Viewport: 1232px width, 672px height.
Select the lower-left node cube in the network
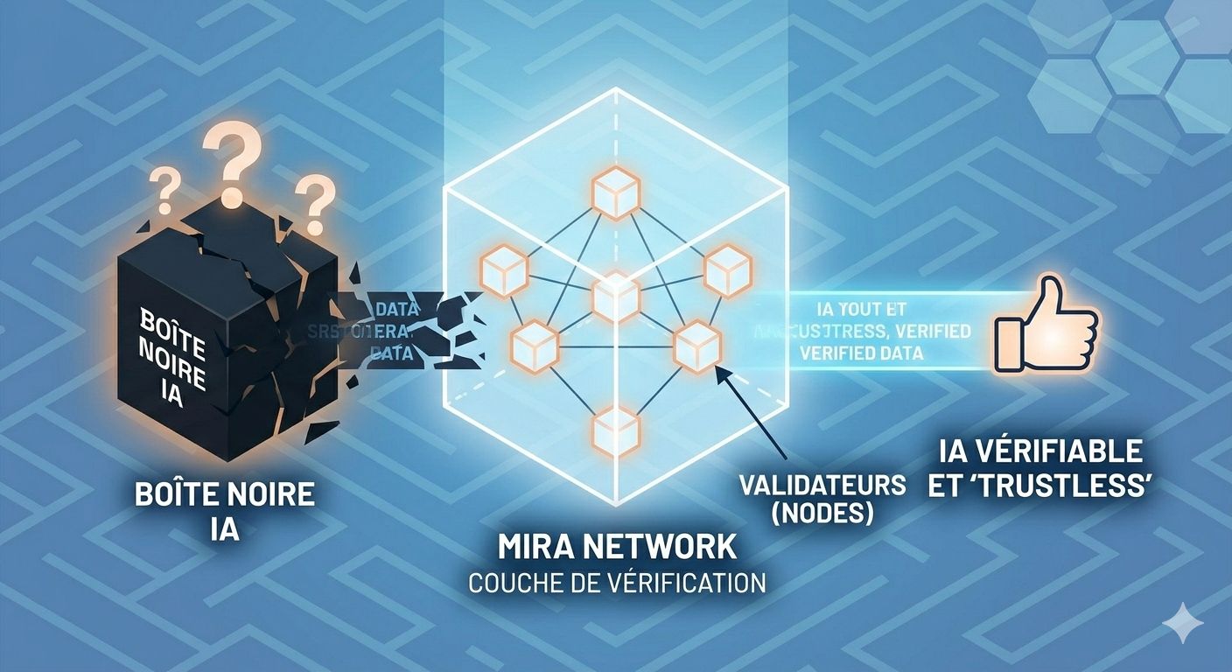(534, 344)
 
